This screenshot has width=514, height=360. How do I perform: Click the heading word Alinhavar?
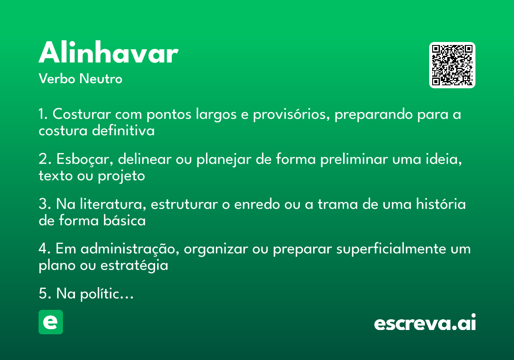tap(108, 52)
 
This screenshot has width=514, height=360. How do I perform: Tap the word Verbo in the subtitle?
tap(57, 78)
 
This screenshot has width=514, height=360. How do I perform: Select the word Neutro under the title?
tap(101, 78)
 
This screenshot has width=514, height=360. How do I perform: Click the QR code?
tap(452, 65)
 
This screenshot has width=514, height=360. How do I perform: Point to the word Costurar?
tap(82, 114)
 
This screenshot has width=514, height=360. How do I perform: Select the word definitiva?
tap(123, 130)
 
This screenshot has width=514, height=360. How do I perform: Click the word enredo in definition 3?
tap(257, 204)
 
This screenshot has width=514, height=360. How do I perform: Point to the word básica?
tap(124, 220)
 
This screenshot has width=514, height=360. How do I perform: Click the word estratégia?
tap(134, 266)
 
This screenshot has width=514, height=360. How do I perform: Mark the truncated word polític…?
tap(107, 294)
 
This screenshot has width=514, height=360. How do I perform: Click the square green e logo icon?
tap(51, 322)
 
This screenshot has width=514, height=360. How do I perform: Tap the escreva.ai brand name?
tap(425, 322)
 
